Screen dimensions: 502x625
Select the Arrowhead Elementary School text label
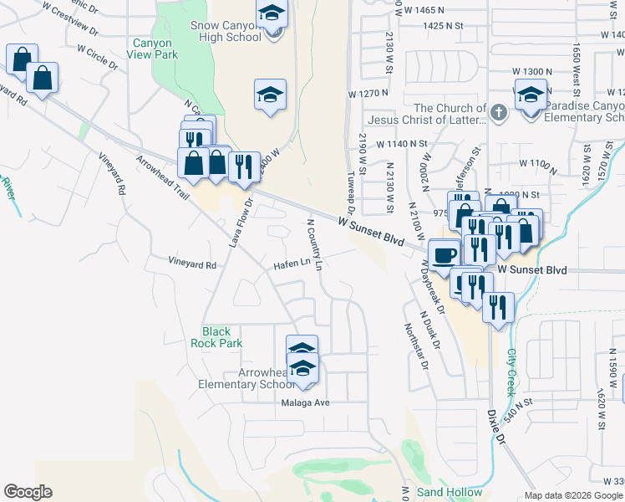[242, 378]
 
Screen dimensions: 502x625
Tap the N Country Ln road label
[314, 244]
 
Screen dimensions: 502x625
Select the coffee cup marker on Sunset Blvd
[444, 254]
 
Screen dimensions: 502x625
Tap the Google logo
[28, 492]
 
